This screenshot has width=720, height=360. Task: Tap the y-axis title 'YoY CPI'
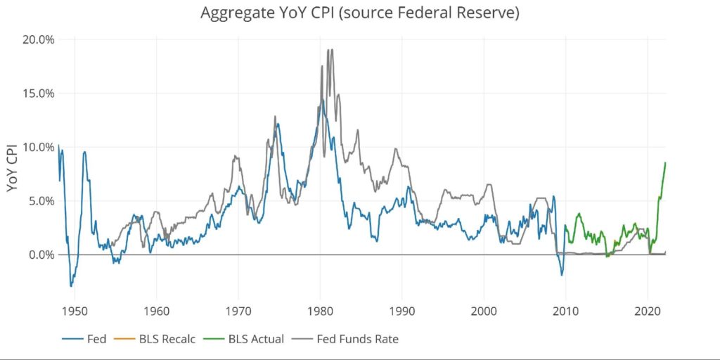[x=13, y=168]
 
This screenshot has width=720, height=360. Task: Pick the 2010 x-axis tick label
[x=565, y=310]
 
